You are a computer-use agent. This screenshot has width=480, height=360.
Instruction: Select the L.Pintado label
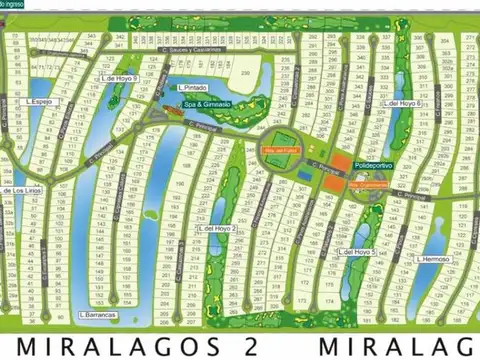(193, 87)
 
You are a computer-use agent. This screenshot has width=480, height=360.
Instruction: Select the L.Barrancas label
(97, 315)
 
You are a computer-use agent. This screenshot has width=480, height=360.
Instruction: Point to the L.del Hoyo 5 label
(356, 252)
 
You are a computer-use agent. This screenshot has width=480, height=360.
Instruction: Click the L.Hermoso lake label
(432, 258)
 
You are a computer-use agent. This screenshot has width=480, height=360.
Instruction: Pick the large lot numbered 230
(245, 73)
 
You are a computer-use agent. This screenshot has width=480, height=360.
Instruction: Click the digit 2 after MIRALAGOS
(254, 345)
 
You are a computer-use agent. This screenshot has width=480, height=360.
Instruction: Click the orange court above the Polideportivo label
(340, 163)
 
